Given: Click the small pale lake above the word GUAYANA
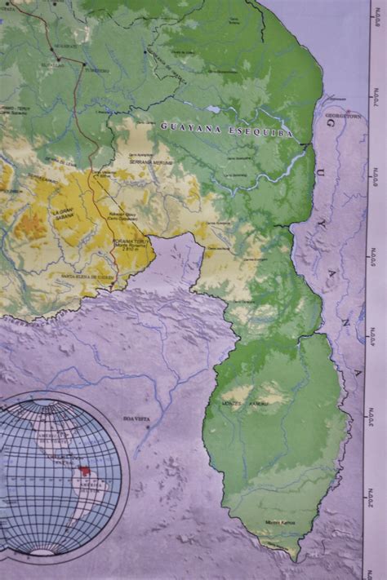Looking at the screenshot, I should click(213, 108).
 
